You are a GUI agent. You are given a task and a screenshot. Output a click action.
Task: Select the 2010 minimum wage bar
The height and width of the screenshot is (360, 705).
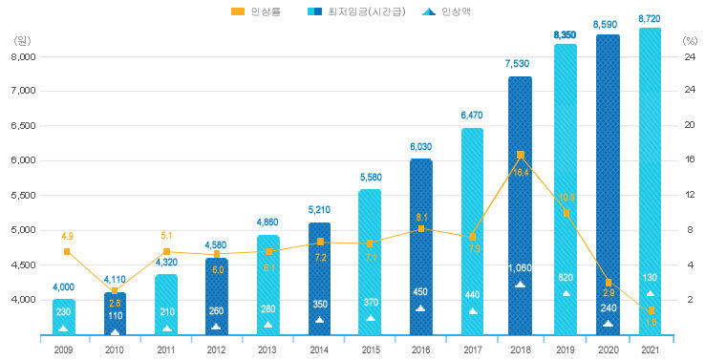tap(116, 313)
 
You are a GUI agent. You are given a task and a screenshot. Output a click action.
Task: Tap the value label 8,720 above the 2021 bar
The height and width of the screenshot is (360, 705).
tap(650, 18)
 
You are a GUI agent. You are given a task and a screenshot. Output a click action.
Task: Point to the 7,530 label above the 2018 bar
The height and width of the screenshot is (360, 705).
tap(520, 64)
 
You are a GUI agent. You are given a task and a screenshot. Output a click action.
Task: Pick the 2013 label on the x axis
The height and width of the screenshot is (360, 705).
tap(267, 349)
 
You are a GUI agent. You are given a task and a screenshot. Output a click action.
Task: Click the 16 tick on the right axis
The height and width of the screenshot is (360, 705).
tap(690, 160)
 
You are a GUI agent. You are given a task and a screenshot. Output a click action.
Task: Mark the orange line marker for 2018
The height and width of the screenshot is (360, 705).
tap(520, 155)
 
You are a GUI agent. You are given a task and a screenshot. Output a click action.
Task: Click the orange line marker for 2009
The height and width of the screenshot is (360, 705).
tap(66, 251)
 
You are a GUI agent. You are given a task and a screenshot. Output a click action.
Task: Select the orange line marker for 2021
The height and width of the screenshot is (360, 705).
tap(651, 310)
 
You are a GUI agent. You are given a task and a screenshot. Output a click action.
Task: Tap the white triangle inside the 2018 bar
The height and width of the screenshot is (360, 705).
tap(520, 284)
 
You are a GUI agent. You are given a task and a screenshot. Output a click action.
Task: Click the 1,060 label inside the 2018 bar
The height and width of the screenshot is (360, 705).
tap(520, 268)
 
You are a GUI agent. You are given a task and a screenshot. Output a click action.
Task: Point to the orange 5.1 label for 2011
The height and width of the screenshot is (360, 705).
tap(166, 235)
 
